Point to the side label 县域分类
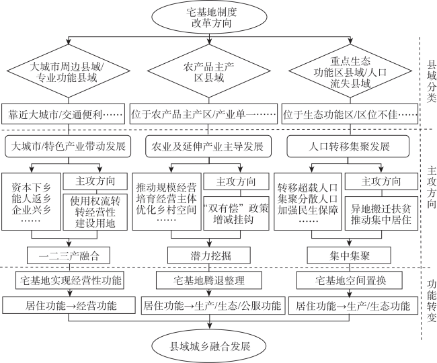tap(431, 81)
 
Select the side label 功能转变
tap(432, 301)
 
